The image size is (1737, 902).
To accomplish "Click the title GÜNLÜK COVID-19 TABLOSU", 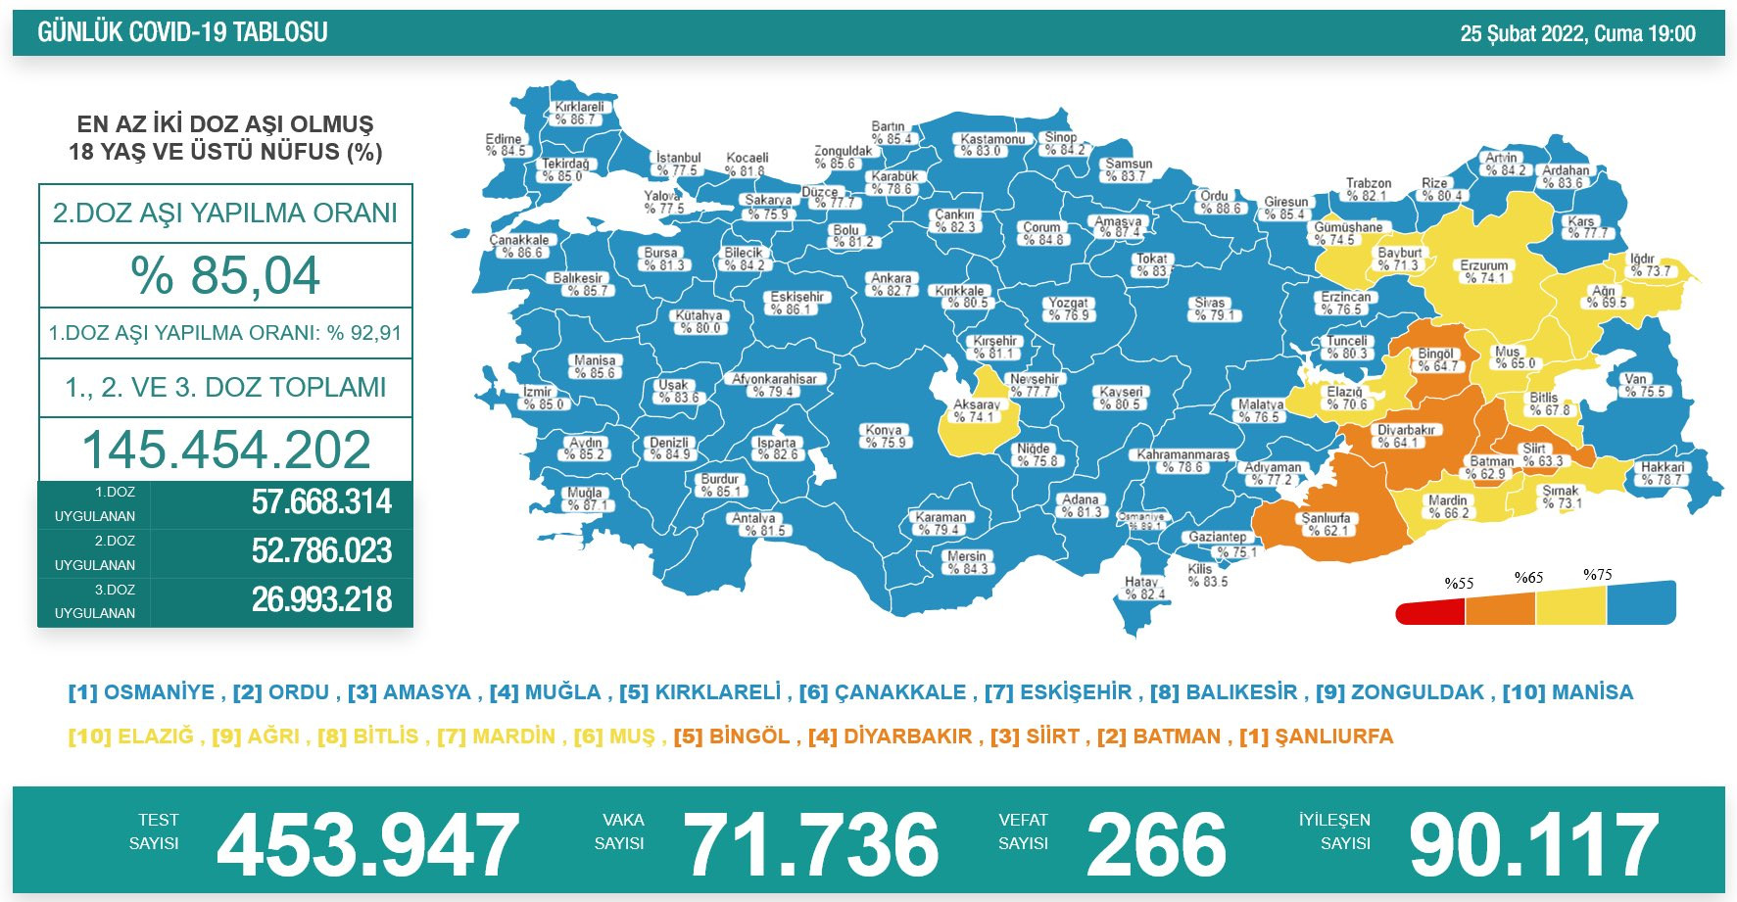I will tap(182, 32).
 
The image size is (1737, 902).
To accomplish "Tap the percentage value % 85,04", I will tap(225, 275).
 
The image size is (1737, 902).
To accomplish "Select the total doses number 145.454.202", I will tap(225, 450).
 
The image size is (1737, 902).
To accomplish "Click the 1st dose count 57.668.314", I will tap(321, 502).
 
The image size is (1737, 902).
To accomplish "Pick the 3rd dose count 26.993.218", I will tap(321, 599).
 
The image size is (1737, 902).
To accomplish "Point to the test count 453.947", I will tap(367, 844).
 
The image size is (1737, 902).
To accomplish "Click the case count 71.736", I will tap(810, 844).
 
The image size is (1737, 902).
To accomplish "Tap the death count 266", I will tap(1156, 844).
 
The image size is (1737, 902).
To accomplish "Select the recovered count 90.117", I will tap(1533, 844).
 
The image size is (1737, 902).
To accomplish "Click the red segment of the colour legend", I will tap(1430, 612).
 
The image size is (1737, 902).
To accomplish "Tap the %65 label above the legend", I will tap(1528, 578).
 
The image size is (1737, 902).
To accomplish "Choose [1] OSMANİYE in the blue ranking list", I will tap(142, 692).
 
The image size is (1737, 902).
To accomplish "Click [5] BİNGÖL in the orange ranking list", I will tap(732, 736).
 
